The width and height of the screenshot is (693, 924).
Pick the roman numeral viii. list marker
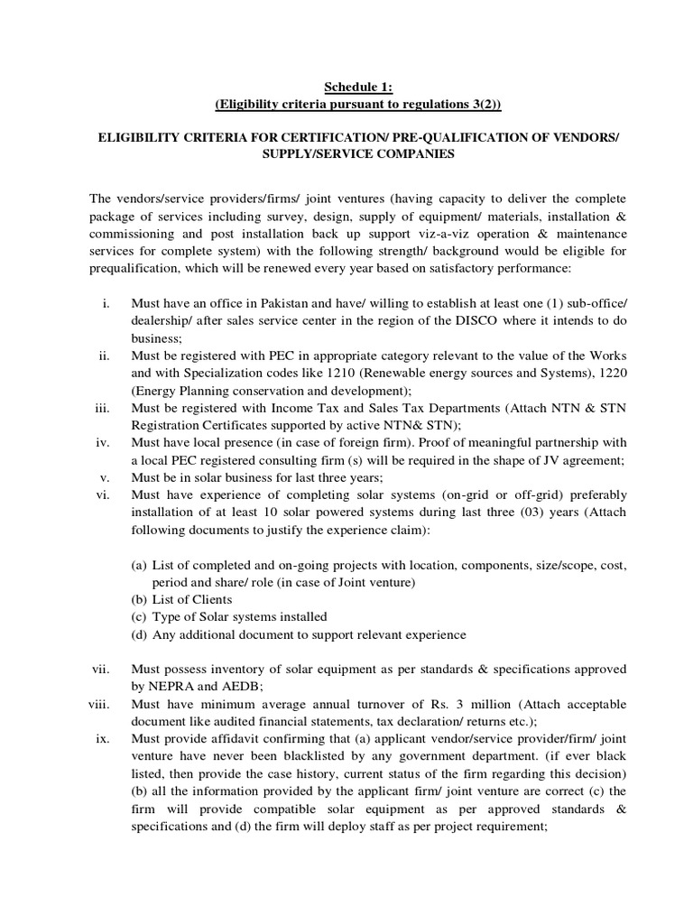pyautogui.click(x=98, y=704)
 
